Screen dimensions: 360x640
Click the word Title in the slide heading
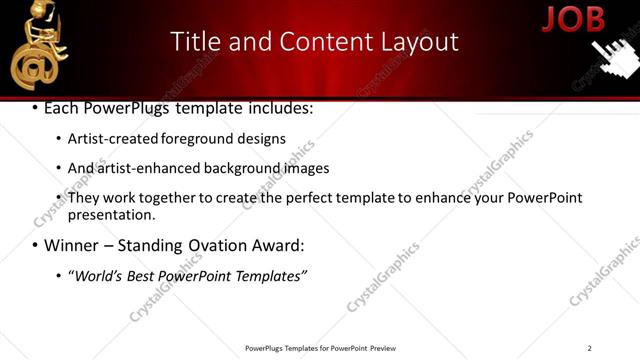click(x=194, y=41)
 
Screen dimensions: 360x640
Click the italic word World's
click(x=95, y=275)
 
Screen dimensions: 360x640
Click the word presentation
click(x=111, y=214)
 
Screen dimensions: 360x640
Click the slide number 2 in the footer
click(x=589, y=347)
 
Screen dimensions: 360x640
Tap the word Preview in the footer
click(x=383, y=348)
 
